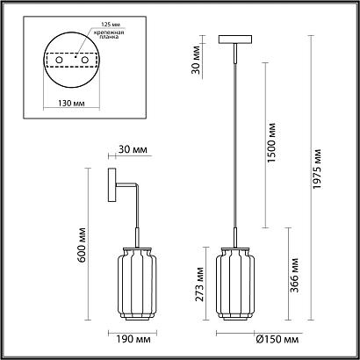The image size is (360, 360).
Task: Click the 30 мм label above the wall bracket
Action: click(x=131, y=151)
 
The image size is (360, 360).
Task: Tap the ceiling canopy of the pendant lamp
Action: click(x=237, y=40)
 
